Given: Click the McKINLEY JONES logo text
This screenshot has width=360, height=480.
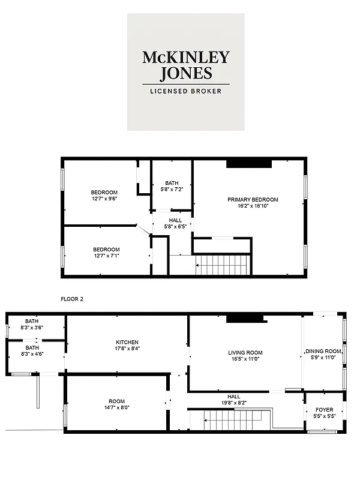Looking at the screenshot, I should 185,65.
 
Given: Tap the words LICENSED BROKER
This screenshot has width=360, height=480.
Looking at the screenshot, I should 185,91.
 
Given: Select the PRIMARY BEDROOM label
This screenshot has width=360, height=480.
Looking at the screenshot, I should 253,200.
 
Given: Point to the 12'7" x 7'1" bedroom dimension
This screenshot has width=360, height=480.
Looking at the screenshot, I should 106,256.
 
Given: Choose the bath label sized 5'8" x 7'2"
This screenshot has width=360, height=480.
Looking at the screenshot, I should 172,190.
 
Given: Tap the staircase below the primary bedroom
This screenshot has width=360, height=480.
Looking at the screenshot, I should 222,264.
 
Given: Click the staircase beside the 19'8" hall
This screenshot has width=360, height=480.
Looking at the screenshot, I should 230,419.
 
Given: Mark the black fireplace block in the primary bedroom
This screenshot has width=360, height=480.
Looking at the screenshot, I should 249,163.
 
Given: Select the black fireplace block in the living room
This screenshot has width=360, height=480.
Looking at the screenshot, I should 245,319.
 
